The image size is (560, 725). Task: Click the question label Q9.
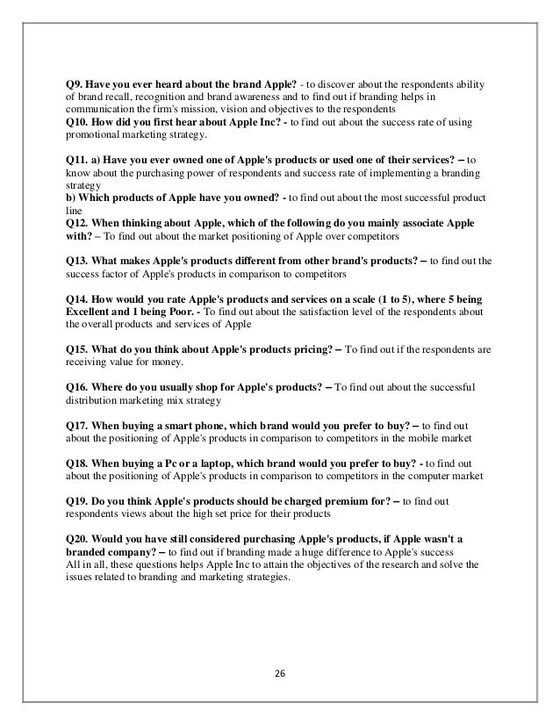click(76, 84)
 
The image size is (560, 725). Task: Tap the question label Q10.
click(79, 122)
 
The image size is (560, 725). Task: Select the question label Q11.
click(79, 161)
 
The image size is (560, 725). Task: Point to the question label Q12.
click(79, 224)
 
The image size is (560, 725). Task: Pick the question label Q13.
click(79, 261)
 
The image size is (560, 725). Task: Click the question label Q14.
click(79, 298)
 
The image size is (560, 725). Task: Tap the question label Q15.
click(79, 348)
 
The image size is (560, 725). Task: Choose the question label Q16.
click(79, 387)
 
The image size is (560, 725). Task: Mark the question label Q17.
click(79, 425)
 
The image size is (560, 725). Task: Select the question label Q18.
click(79, 463)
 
